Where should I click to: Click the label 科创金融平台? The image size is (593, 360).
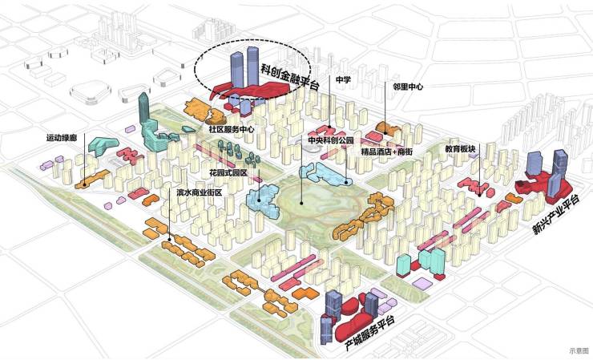pyautogui.click(x=290, y=77)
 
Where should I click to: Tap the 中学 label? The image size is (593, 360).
pyautogui.click(x=343, y=79)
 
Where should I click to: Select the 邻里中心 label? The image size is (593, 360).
pyautogui.click(x=408, y=87)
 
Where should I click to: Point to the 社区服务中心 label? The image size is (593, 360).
pyautogui.click(x=232, y=129)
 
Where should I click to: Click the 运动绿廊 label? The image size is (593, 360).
pyautogui.click(x=62, y=138)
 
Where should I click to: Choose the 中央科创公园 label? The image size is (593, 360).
pyautogui.click(x=330, y=140)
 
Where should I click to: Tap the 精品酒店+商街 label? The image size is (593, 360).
pyautogui.click(x=386, y=152)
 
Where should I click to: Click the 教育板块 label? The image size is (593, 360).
pyautogui.click(x=460, y=149)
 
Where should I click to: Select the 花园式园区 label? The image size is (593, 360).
pyautogui.click(x=228, y=173)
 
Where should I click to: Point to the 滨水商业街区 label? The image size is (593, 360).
pyautogui.click(x=200, y=192)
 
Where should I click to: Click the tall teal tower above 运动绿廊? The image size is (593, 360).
pyautogui.click(x=143, y=109)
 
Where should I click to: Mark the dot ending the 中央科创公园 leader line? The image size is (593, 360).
pyautogui.click(x=301, y=203)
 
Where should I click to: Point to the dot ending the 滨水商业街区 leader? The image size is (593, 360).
pyautogui.click(x=169, y=239)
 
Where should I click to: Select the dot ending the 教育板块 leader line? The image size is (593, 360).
pyautogui.click(x=479, y=196)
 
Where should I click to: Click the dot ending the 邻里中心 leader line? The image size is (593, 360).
pyautogui.click(x=385, y=132)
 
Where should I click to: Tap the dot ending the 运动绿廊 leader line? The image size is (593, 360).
pyautogui.click(x=84, y=185)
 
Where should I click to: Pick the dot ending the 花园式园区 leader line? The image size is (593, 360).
pyautogui.click(x=259, y=200)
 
